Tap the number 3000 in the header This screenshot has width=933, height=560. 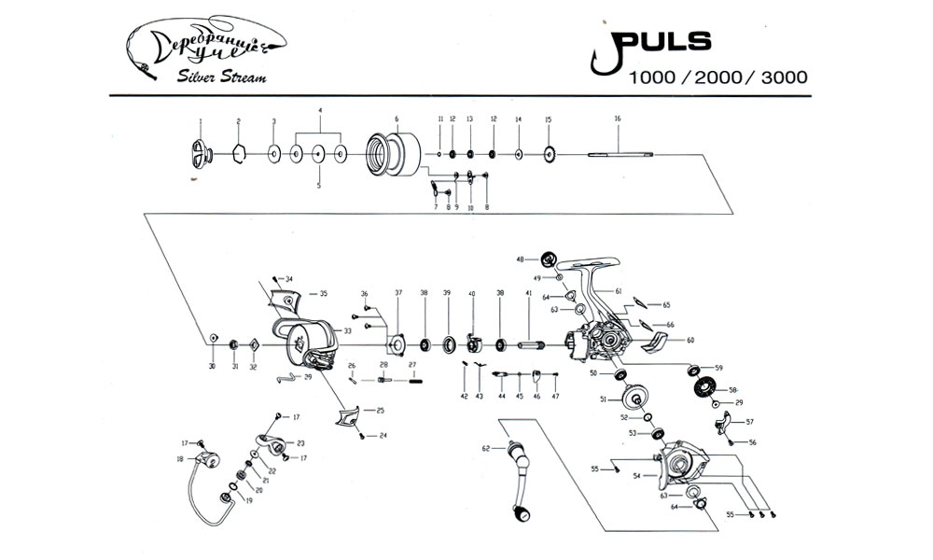pyautogui.click(x=785, y=78)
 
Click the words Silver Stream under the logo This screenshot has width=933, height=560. pyautogui.click(x=222, y=77)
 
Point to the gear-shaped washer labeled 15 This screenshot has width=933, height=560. pyautogui.click(x=549, y=154)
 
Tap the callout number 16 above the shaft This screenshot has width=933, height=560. pyautogui.click(x=618, y=119)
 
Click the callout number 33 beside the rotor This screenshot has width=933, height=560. pyautogui.click(x=346, y=330)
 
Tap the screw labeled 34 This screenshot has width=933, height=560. pyautogui.click(x=276, y=279)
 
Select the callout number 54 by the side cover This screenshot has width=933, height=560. pyautogui.click(x=636, y=476)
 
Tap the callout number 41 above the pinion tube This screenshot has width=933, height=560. pyautogui.click(x=528, y=293)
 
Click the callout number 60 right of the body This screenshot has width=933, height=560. pyautogui.click(x=690, y=341)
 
